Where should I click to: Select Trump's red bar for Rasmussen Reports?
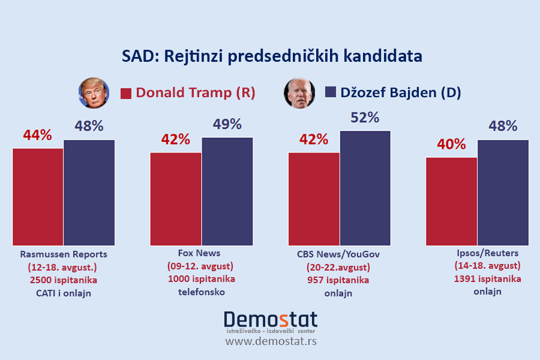38,196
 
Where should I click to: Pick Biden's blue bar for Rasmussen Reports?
89,192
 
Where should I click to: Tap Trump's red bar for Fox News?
176,199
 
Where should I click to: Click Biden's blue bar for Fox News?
227,191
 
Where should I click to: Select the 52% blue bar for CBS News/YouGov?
365,188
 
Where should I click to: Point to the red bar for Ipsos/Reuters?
451,201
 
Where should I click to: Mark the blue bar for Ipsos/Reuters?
503,192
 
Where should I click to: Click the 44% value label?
38,134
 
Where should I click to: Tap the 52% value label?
365,118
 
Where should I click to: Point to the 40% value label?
451,144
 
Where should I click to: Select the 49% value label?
227,124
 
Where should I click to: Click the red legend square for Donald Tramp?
126,94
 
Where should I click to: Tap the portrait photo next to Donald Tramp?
94,93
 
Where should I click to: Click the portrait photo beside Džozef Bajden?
299,93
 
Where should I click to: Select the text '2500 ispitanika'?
64,280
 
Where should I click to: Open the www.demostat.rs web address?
271,341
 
